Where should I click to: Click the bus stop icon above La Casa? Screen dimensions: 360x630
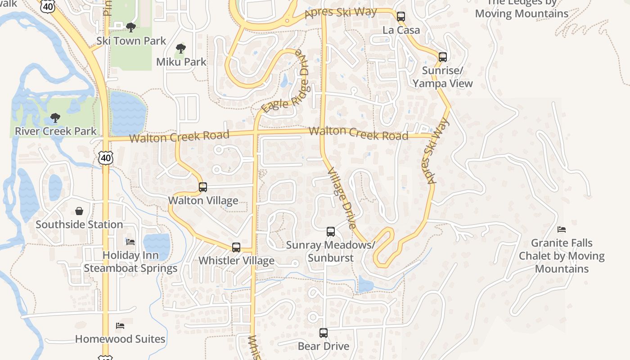[x=401, y=17]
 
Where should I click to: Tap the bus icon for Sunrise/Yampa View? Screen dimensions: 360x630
[x=443, y=57]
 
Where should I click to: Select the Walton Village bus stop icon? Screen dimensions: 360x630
[x=203, y=187]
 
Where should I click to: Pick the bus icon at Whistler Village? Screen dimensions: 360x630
[x=236, y=247]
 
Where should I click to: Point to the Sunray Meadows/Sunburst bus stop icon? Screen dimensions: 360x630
[x=331, y=232]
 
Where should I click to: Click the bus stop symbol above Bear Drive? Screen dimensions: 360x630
[x=324, y=333]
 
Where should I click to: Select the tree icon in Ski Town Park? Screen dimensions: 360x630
[x=131, y=27]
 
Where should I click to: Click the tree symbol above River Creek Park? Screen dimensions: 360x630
[x=55, y=118]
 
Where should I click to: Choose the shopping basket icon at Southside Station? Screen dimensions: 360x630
[x=79, y=211]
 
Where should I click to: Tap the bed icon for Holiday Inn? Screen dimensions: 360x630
[x=130, y=242]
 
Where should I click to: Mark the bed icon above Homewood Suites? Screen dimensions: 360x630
[x=120, y=325]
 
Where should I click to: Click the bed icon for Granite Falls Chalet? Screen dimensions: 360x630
[x=562, y=229]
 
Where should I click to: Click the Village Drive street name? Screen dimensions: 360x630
[x=342, y=198]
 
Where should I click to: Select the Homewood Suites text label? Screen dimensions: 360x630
[x=120, y=339]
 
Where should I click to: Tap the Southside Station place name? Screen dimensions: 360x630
[x=79, y=224]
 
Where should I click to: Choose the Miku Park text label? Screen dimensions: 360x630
[x=181, y=62]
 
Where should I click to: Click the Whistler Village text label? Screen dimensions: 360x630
[x=236, y=261]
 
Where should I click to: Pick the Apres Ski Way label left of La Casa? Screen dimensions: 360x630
[x=340, y=12]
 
